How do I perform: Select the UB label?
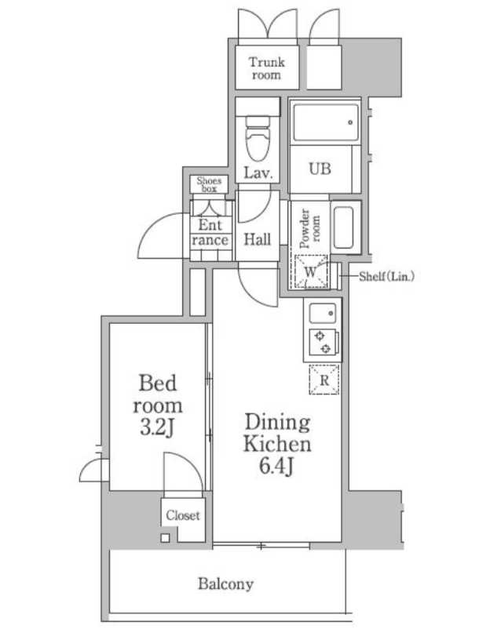pos(319,169)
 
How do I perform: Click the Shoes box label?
pos(210,184)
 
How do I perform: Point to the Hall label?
pos(257,239)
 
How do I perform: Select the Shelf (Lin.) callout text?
pos(386,275)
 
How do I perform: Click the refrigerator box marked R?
pos(324,380)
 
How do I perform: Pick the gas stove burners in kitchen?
pos(322,342)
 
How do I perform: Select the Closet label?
pos(182,515)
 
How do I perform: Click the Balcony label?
pos(225,584)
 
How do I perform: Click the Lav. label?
pos(258,173)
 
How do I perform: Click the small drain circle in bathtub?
pos(349,122)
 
